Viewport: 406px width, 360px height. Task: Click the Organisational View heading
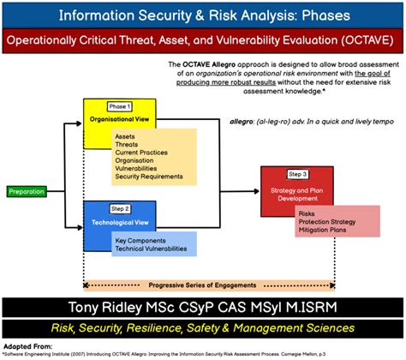pyautogui.click(x=121, y=122)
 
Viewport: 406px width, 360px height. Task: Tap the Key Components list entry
pyautogui.click(x=142, y=241)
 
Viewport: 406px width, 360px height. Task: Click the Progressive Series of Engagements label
pyautogui.click(x=201, y=285)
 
